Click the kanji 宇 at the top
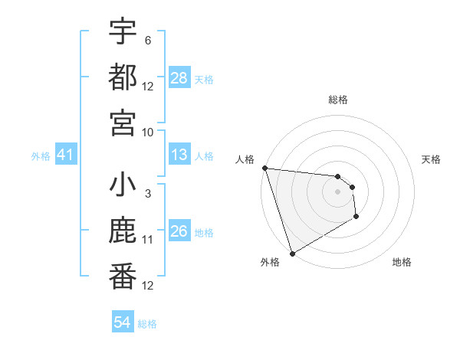tap(123, 33)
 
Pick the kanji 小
tap(123, 186)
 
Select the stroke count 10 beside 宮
tap(148, 132)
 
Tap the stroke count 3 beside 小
tap(147, 194)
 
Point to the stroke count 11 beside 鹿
tap(148, 240)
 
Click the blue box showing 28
tap(179, 77)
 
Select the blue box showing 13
tap(179, 155)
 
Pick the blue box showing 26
tap(179, 231)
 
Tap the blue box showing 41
tap(65, 155)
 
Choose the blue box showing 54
tap(123, 322)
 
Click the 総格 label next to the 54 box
tap(147, 324)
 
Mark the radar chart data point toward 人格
tap(264, 168)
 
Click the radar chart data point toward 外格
tap(292, 254)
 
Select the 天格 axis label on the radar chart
tap(431, 159)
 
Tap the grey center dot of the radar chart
tap(337, 191)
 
